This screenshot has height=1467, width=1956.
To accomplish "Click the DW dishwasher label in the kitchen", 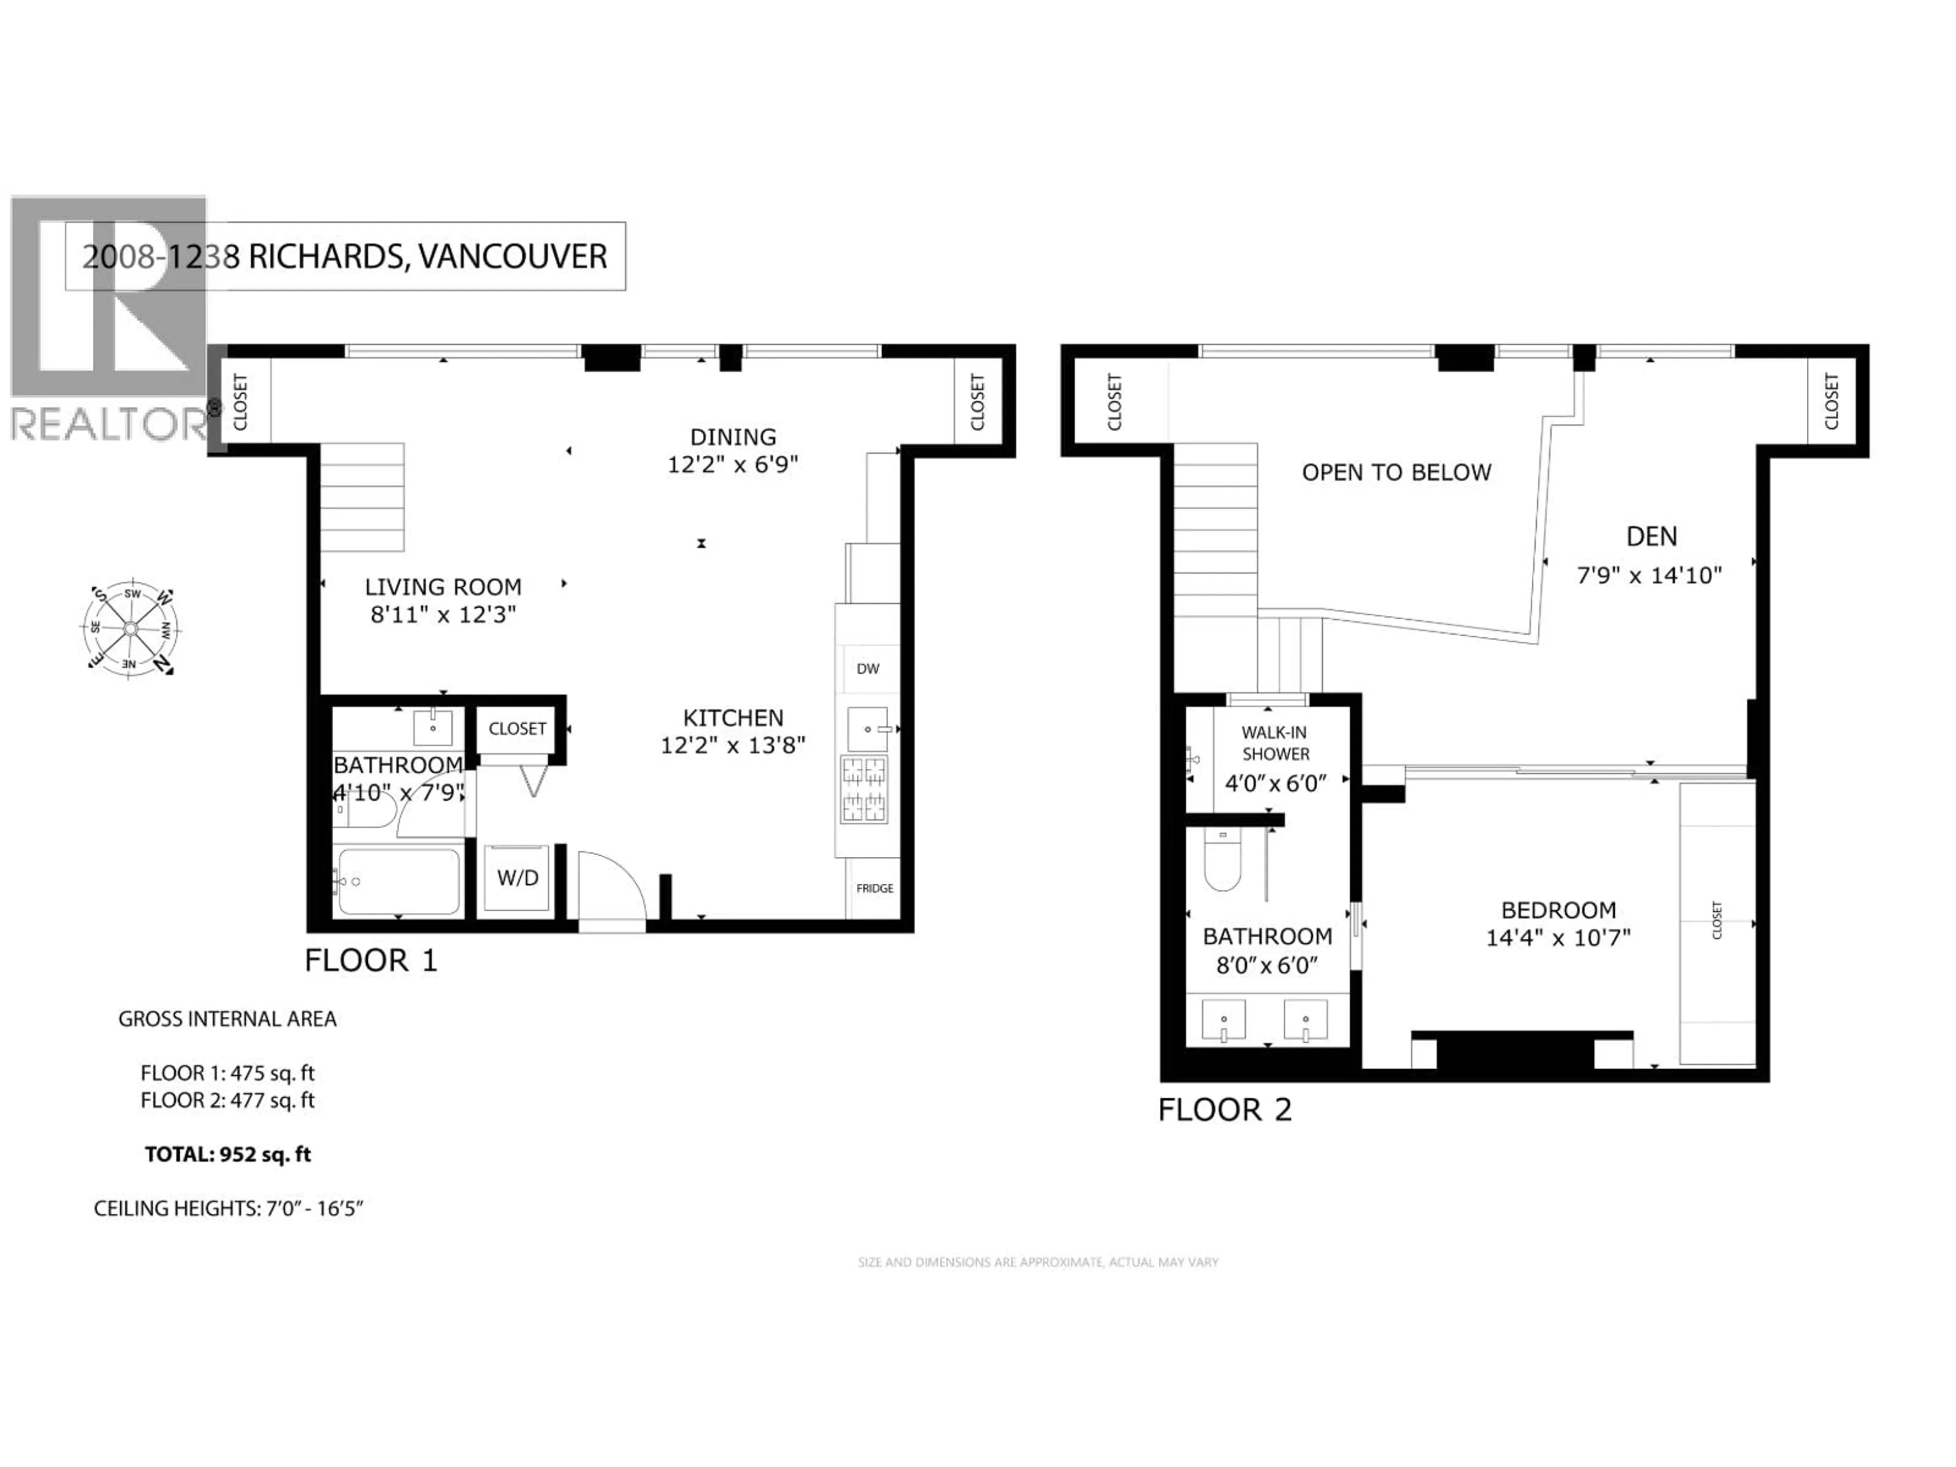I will (x=867, y=668).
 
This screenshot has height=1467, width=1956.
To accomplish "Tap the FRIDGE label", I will (x=874, y=888).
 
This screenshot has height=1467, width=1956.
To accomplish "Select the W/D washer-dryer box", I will (x=518, y=878).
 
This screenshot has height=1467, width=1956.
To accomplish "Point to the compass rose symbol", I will (x=131, y=629).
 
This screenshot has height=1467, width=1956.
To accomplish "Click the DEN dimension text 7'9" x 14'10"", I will (x=1649, y=576).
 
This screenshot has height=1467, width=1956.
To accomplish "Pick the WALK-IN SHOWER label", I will (x=1275, y=743).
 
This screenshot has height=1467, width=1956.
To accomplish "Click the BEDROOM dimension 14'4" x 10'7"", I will (x=1557, y=937).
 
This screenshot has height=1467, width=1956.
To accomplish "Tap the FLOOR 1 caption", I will (x=370, y=960).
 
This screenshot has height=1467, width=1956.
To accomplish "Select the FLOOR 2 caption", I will (x=1225, y=1110).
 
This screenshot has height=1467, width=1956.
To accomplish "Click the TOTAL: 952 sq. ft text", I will (x=228, y=1154).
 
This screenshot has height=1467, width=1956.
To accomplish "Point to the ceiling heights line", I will (x=228, y=1209).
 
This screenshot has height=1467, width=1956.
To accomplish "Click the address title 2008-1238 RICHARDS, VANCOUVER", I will (x=345, y=256).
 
